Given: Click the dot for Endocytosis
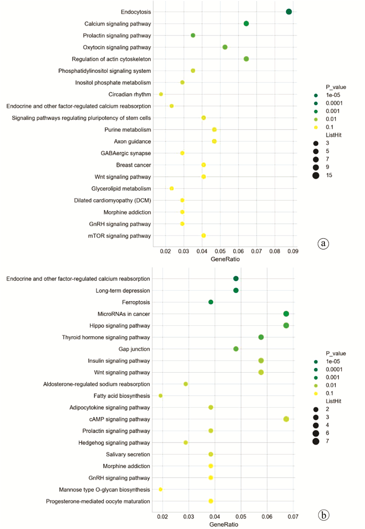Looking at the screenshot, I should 289,11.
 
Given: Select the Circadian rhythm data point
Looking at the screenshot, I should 161,94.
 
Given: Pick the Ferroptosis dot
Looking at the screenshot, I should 211,302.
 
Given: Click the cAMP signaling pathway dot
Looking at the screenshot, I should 286,419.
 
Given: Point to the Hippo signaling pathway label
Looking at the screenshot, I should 120,325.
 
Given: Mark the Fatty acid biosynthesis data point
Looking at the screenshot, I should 161,396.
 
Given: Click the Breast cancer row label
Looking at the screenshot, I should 133,165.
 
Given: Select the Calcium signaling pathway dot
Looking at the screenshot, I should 246,23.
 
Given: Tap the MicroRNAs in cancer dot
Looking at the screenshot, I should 286,314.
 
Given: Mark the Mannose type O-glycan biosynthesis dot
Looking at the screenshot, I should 161,489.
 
